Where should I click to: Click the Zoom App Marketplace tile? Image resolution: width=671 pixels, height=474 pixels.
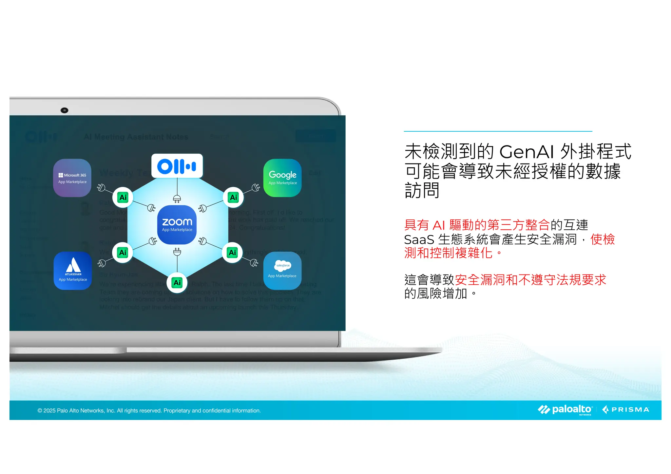177,225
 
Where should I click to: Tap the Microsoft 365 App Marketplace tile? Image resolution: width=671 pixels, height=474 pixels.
72,178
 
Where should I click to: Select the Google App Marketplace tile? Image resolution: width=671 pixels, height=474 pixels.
282,178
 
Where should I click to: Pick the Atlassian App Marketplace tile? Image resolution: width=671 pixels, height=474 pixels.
73,271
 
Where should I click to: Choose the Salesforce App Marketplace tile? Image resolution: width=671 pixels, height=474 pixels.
282,271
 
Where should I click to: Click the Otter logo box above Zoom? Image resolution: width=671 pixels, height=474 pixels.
177,166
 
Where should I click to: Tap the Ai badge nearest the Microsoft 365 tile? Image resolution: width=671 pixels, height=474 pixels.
123,198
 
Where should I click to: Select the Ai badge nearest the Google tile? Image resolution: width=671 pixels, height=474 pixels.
233,198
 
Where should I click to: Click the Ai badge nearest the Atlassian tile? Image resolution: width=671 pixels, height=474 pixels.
123,253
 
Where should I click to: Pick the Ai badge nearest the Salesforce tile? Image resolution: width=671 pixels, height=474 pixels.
233,253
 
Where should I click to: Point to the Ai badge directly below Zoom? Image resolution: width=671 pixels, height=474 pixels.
177,283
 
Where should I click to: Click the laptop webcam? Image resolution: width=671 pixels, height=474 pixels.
65,110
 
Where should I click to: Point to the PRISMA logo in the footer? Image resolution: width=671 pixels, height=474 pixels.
626,410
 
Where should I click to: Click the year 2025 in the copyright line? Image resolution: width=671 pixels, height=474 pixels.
49,411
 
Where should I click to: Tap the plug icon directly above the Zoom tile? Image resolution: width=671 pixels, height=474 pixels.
177,199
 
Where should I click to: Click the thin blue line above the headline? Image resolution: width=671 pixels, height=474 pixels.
498,131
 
